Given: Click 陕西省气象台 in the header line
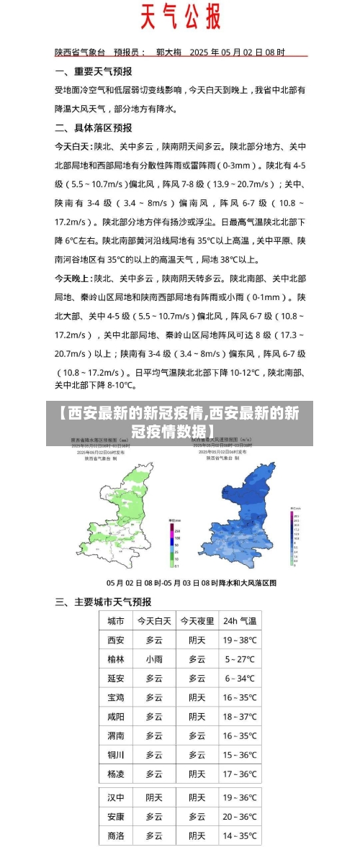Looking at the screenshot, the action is click(x=80, y=53).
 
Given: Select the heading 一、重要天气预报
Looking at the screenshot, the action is click(x=94, y=72).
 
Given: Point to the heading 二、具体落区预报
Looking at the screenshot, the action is click(x=94, y=127).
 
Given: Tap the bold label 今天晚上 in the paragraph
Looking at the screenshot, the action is click(x=73, y=277).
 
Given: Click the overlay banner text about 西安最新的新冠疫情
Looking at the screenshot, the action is click(x=179, y=422).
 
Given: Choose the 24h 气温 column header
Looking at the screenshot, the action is click(x=239, y=620).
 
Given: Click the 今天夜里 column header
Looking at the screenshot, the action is click(x=197, y=620).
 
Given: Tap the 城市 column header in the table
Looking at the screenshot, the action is click(x=115, y=620).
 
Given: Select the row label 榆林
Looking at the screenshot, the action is click(x=115, y=658).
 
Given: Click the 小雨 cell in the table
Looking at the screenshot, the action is click(x=154, y=658).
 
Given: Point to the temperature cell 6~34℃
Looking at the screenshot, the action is click(x=239, y=678).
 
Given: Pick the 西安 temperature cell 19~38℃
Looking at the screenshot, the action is click(x=239, y=640).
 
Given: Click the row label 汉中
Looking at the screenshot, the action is click(x=115, y=797).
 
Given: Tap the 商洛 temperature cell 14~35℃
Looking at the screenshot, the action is click(x=239, y=835).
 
